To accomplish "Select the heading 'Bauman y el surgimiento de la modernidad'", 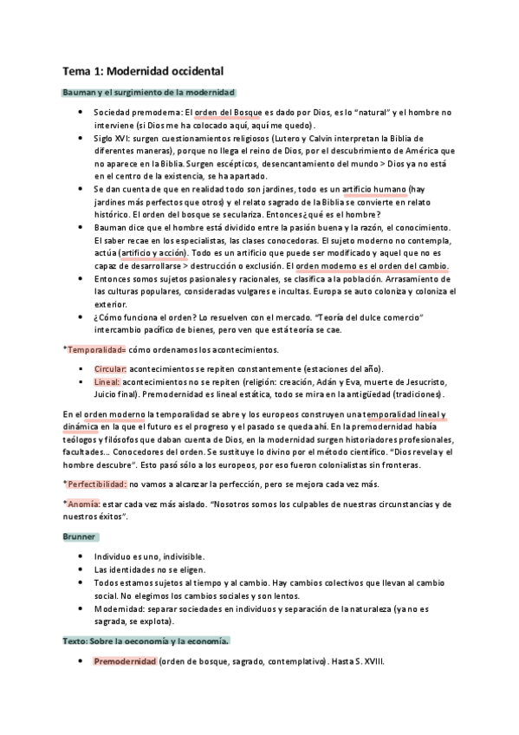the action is [x=149, y=93].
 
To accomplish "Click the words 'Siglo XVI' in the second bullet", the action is [x=112, y=139].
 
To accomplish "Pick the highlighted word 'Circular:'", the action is [x=111, y=369].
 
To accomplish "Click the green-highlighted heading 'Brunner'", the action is [x=80, y=537].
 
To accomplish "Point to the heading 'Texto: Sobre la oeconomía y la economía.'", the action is [x=146, y=641].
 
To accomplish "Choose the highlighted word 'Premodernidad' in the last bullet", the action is [x=125, y=662].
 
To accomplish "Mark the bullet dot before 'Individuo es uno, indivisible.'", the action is [x=80, y=556].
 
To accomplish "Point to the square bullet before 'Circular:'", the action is [x=80, y=369].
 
